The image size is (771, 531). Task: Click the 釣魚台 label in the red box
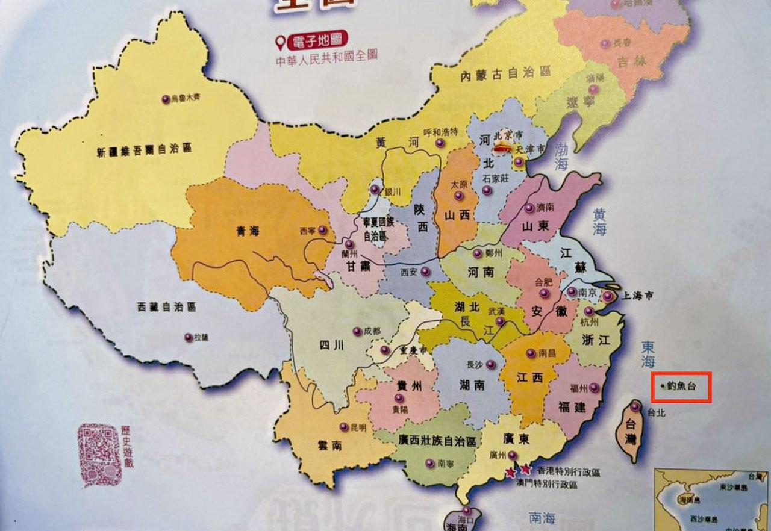point(681,387)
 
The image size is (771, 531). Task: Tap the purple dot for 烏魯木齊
point(166,99)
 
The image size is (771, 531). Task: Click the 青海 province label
point(248,230)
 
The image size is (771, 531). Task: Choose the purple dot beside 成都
point(357,331)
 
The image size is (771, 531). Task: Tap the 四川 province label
point(331,345)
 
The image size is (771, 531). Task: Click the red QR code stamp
point(99,455)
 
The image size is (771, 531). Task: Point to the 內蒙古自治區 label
point(505,74)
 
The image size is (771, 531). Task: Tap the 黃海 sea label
point(599,221)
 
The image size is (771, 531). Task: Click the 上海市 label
point(638,296)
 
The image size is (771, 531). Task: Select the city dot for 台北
point(634,406)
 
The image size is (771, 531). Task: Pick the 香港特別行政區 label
point(569,473)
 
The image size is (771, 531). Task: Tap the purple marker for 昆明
point(344,427)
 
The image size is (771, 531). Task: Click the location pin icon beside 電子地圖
point(280,43)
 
